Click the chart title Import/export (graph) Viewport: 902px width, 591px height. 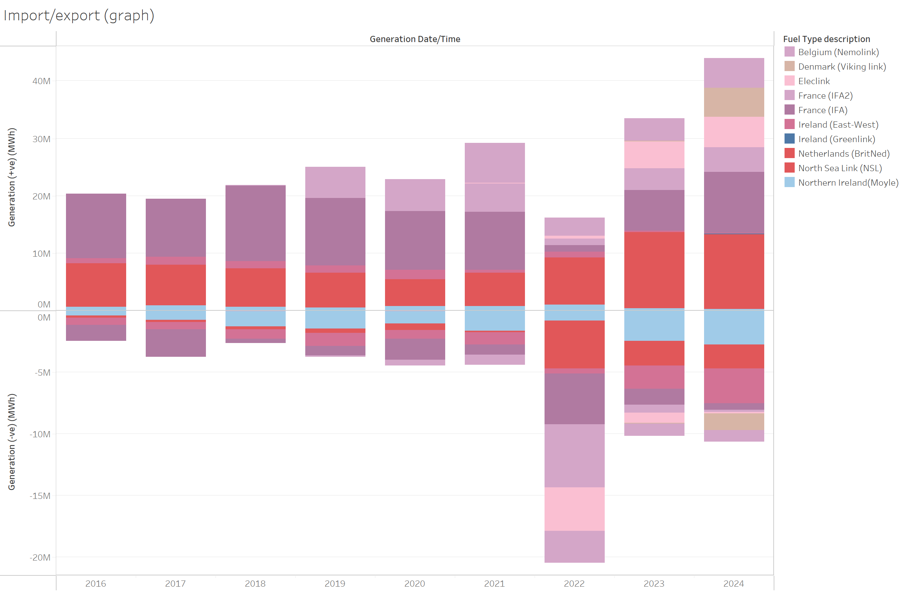[78, 16]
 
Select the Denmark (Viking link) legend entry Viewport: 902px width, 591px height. [842, 67]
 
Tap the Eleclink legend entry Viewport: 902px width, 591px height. [814, 81]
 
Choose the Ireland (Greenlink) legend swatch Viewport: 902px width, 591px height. [790, 139]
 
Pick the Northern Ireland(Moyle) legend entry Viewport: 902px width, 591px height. [848, 183]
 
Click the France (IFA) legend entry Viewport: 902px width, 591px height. [822, 110]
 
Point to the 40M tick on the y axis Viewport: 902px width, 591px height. [41, 81]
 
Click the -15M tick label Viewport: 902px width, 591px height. [40, 496]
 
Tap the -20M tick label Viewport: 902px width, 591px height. [40, 558]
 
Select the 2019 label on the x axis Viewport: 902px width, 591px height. [335, 583]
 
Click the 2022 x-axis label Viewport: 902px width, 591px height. [574, 583]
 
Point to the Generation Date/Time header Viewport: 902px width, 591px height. [415, 39]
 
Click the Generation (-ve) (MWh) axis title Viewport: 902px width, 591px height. [12, 442]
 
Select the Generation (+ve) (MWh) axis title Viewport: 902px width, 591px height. [12, 177]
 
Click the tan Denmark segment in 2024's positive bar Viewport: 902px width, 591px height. [734, 102]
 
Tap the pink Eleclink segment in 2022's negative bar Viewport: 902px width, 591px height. [574, 509]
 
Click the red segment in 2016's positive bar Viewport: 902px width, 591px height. [96, 285]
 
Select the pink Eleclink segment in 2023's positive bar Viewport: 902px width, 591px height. [654, 155]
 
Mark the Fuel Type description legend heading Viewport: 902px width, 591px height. [826, 39]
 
